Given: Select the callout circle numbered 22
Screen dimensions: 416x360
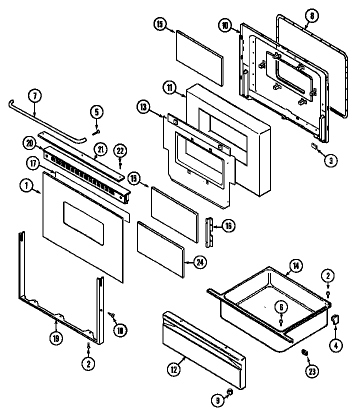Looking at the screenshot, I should point(120,150).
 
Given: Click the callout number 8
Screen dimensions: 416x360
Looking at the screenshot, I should point(312,15).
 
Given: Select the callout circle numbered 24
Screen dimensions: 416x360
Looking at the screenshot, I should point(200,261).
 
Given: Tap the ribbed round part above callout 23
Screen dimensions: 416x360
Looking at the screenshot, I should point(303,353).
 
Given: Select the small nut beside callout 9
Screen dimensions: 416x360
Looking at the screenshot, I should point(230,394).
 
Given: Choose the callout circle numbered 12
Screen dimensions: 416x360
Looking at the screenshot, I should point(173,369).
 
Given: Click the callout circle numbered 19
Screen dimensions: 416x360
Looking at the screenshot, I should point(56,338).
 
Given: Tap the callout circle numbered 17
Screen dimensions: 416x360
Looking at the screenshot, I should point(33,162).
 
